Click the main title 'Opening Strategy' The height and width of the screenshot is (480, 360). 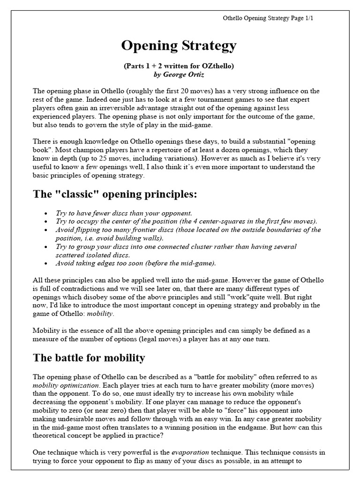[179, 46]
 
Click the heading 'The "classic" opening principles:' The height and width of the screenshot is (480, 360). [115, 194]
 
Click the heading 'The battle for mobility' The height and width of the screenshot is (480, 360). [89, 358]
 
